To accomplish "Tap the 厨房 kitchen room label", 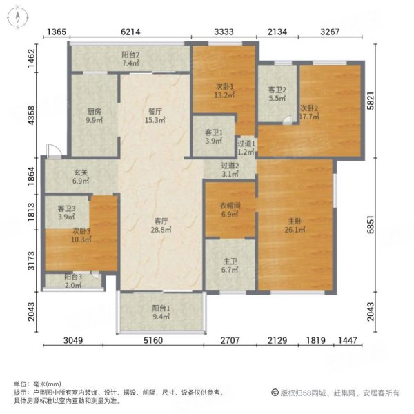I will coord(95,115).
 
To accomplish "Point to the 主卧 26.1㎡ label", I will coord(294,227).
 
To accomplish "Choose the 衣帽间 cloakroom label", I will coord(230,209).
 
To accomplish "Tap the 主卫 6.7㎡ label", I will coord(230,266).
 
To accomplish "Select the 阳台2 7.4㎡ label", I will coord(131,59).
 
